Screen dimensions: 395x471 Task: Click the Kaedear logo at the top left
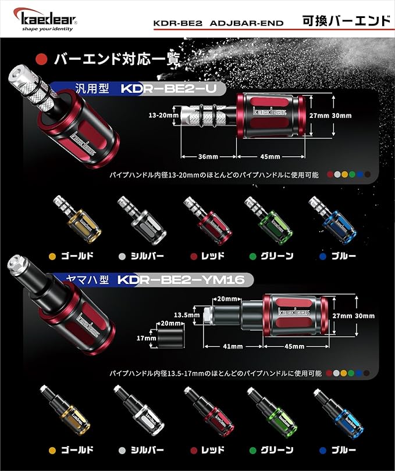pyautogui.click(x=45, y=20)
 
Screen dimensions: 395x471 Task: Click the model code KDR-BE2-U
pyautogui.click(x=169, y=89)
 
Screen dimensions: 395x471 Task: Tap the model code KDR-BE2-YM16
pyautogui.click(x=181, y=280)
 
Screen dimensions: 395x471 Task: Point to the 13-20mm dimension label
pyautogui.click(x=163, y=115)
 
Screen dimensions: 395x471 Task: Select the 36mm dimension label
pyautogui.click(x=208, y=156)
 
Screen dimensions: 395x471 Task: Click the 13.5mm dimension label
pyautogui.click(x=187, y=315)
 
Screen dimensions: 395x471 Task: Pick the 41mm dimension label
pyautogui.click(x=233, y=346)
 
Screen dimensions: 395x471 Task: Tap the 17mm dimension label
pyautogui.click(x=147, y=338)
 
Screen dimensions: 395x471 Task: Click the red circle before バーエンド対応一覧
pyautogui.click(x=41, y=59)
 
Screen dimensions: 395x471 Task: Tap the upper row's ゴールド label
pyautogui.click(x=77, y=256)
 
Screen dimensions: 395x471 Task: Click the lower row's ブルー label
pyautogui.click(x=344, y=450)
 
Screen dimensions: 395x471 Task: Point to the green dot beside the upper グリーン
pyautogui.click(x=252, y=257)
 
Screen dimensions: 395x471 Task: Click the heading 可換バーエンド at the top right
pyautogui.click(x=347, y=21)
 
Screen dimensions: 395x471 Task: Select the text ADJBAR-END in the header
pyautogui.click(x=247, y=23)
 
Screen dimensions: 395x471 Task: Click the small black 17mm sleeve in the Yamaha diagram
pyautogui.click(x=170, y=339)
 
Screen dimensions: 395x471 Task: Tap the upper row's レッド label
pyautogui.click(x=213, y=256)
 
